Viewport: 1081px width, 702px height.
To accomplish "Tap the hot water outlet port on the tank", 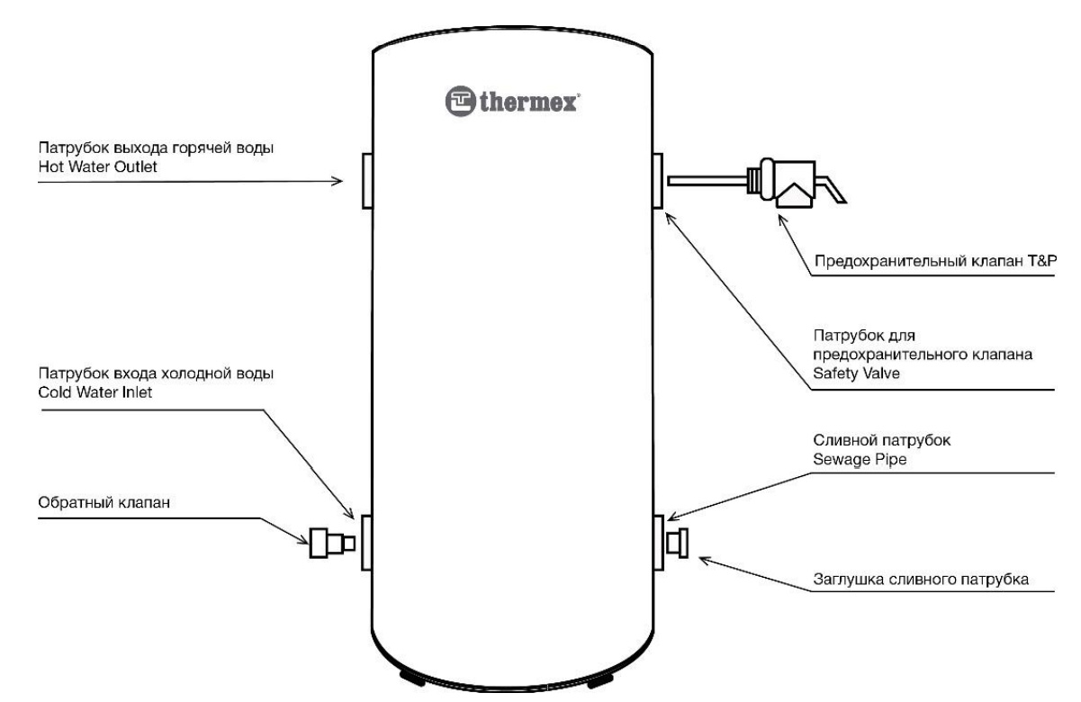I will [367, 180].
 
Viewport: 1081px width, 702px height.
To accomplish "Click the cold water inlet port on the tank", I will [367, 542].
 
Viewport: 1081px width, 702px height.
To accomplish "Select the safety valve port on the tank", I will [656, 180].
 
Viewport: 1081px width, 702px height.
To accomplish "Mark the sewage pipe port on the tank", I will [658, 542].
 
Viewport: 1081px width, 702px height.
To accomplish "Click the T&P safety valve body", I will [785, 184].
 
